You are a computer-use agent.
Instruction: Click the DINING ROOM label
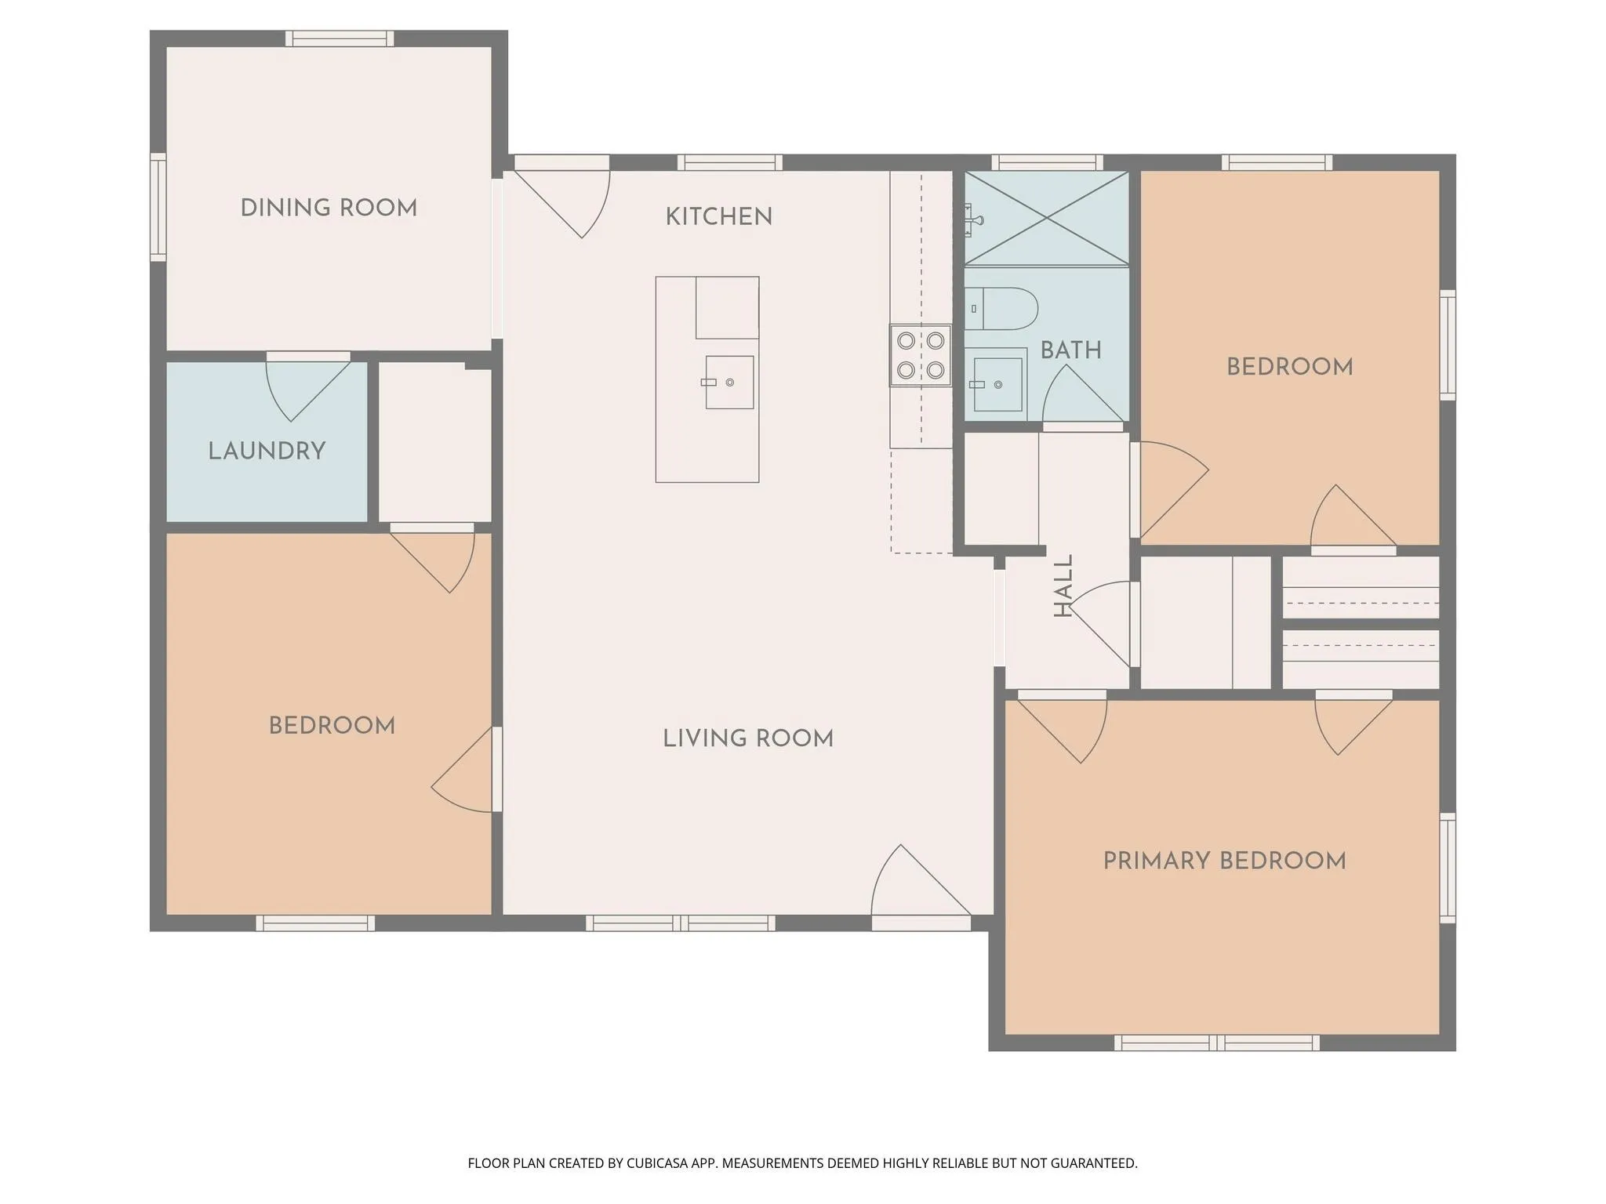tap(329, 208)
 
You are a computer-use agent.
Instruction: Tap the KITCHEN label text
tap(718, 216)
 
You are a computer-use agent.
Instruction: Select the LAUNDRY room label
tap(267, 451)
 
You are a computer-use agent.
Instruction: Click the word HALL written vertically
tap(1063, 586)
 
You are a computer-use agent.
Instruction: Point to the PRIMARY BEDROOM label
tap(1224, 861)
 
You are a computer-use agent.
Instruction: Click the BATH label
tap(1070, 350)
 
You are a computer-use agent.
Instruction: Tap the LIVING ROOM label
tap(747, 738)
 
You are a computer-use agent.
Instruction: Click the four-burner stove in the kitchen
tap(921, 355)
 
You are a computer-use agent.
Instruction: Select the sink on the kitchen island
tap(729, 382)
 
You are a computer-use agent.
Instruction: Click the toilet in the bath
tap(1002, 309)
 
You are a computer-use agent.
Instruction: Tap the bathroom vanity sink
tap(997, 384)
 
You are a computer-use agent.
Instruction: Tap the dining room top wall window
tap(340, 38)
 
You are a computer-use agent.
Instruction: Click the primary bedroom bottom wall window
tap(1216, 1043)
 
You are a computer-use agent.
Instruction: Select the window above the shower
tap(1047, 162)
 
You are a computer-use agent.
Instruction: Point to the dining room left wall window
tap(158, 207)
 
